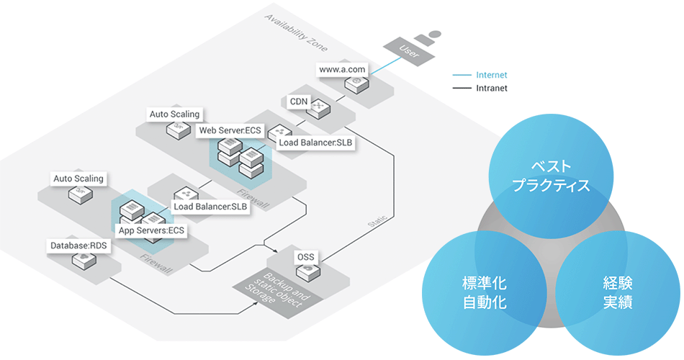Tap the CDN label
297,101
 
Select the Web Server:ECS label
231,130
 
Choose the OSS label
305,256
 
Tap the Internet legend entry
491,75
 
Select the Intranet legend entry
491,89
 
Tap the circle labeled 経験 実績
617,291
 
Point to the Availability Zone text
296,32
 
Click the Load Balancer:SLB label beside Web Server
316,143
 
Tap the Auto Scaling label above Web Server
174,114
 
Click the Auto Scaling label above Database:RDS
78,178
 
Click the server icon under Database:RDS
78,263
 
